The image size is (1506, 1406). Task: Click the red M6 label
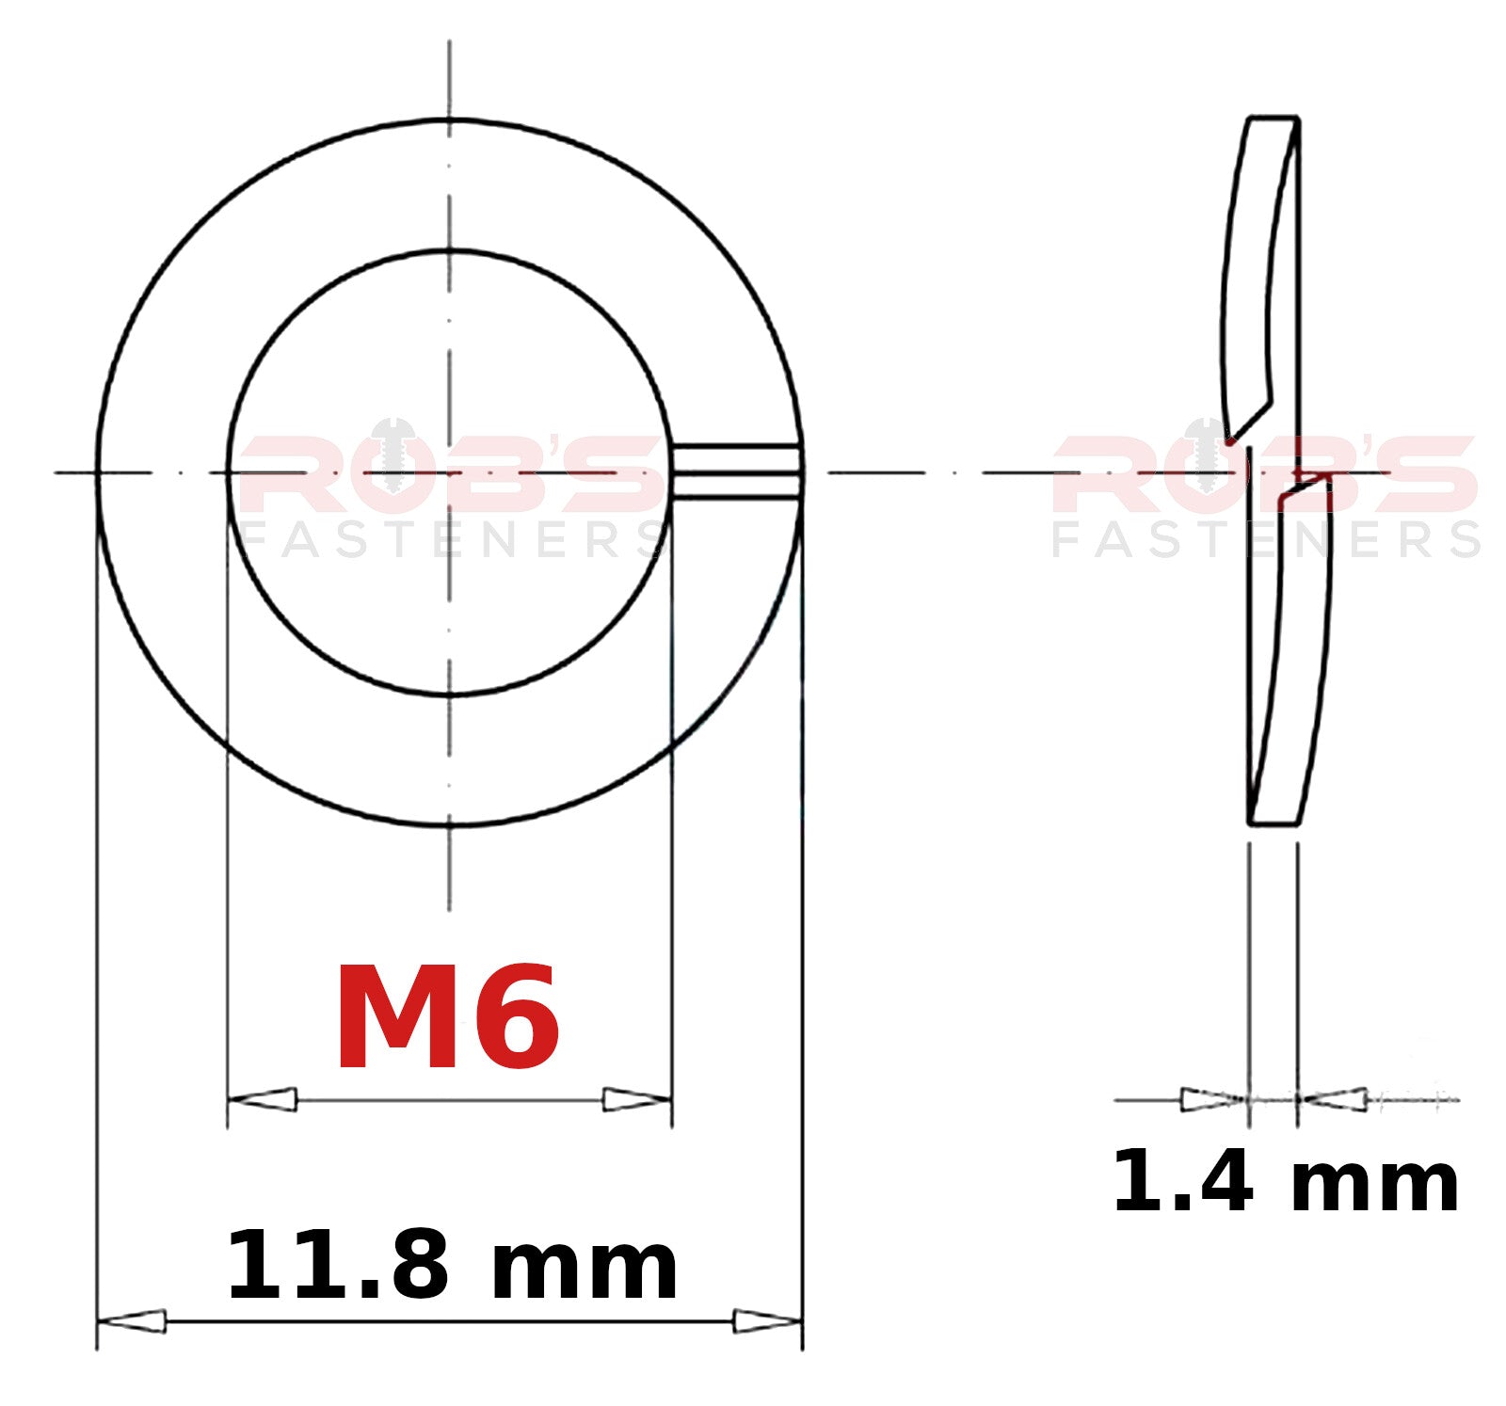click(448, 1017)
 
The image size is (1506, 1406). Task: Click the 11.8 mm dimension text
click(452, 1265)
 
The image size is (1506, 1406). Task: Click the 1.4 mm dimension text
click(1286, 1182)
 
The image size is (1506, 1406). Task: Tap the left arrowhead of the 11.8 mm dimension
click(132, 1321)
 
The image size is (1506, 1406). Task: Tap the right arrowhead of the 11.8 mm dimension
click(767, 1321)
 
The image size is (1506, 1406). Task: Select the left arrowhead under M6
click(263, 1098)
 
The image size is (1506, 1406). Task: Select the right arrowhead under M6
click(637, 1098)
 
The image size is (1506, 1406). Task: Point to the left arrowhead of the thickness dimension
click(1214, 1098)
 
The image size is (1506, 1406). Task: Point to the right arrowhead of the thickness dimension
click(1332, 1098)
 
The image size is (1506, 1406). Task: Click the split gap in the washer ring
click(737, 471)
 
